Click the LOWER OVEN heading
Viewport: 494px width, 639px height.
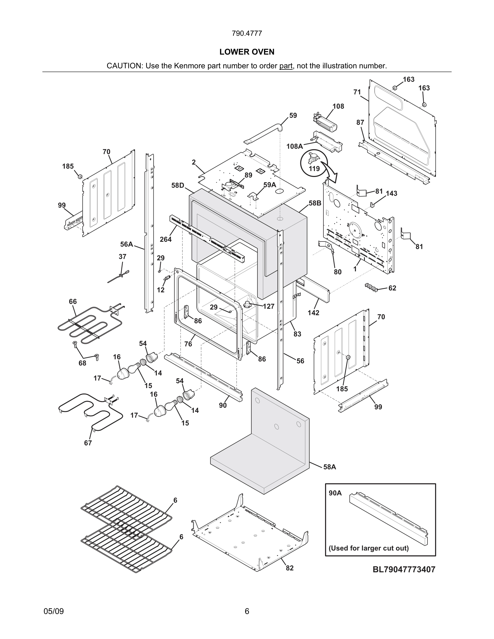pyautogui.click(x=247, y=52)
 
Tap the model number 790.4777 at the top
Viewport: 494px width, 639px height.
pyautogui.click(x=247, y=33)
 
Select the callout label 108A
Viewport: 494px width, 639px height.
pyautogui.click(x=294, y=146)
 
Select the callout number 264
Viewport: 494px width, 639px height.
pyautogui.click(x=166, y=239)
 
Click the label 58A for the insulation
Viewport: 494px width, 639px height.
pyautogui.click(x=330, y=467)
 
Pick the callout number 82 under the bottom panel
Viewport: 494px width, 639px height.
pyautogui.click(x=290, y=568)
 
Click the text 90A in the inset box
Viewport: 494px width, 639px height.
pyautogui.click(x=335, y=493)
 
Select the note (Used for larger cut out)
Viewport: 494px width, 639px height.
pyautogui.click(x=368, y=548)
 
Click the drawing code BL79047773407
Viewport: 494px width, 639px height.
pyautogui.click(x=404, y=569)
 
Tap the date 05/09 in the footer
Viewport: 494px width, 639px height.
pyautogui.click(x=54, y=611)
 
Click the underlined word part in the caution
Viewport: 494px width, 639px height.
pyautogui.click(x=286, y=66)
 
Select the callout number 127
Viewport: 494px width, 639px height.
pyautogui.click(x=268, y=306)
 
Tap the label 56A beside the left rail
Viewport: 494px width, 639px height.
pyautogui.click(x=126, y=244)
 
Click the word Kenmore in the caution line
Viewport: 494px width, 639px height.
pyautogui.click(x=190, y=66)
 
